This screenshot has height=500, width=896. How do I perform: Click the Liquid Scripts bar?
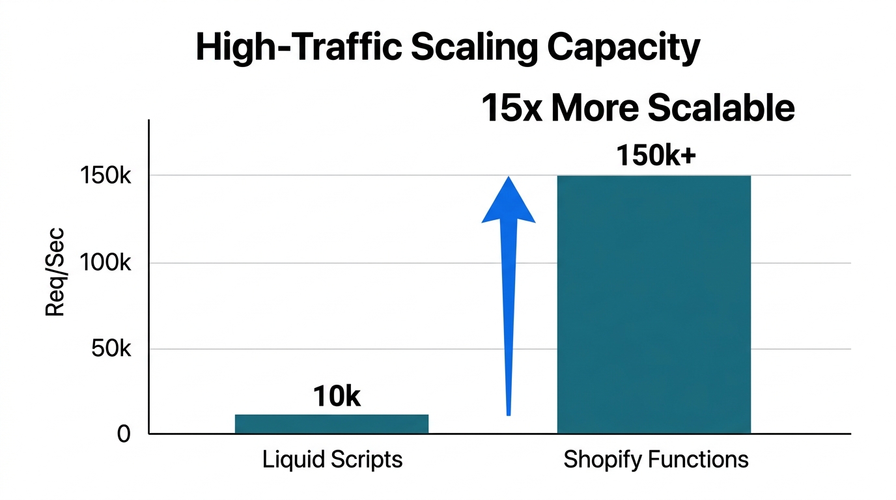(x=331, y=424)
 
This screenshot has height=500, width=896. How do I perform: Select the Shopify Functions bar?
(x=654, y=305)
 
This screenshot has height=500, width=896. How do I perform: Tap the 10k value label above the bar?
(x=337, y=396)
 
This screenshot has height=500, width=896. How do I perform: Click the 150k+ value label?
(x=656, y=156)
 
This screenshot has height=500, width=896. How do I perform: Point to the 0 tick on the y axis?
(x=124, y=434)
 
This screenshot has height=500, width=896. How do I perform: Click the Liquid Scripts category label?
(x=332, y=460)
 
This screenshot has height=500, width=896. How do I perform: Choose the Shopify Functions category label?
(x=656, y=460)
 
